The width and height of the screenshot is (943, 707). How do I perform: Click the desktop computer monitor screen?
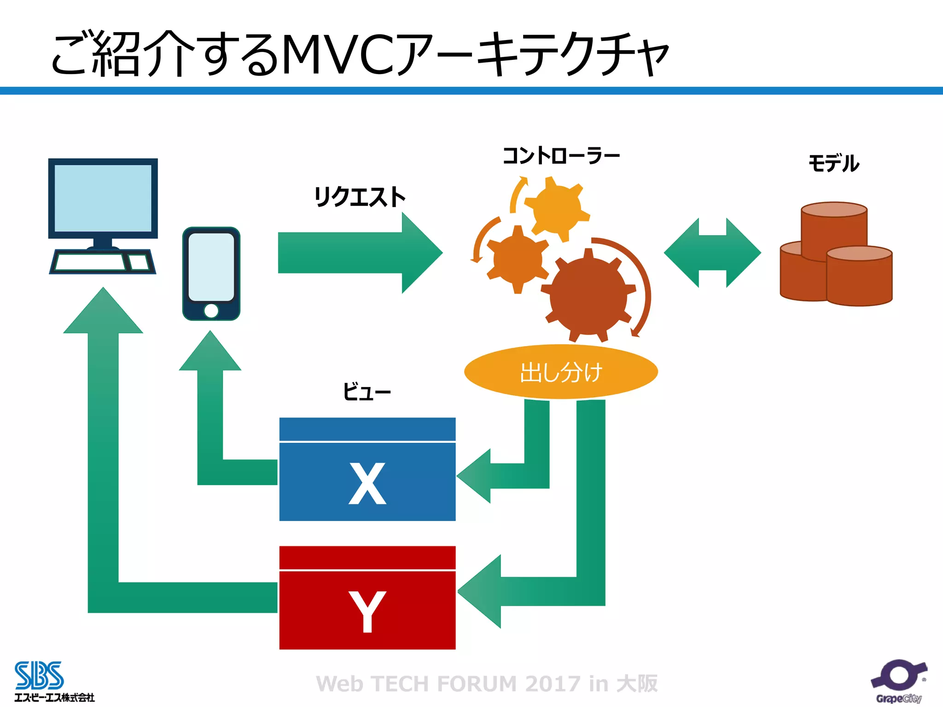[103, 198]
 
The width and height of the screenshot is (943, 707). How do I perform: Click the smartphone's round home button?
[211, 311]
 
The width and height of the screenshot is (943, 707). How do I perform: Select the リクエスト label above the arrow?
[359, 197]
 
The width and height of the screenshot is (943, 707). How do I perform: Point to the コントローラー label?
[561, 156]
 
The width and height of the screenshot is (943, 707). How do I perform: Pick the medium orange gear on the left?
[518, 259]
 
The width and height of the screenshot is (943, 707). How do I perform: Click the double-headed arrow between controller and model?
[712, 253]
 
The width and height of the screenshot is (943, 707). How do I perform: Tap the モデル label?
[833, 163]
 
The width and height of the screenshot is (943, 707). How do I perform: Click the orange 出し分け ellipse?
[561, 372]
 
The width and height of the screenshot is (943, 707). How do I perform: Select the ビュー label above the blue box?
[367, 392]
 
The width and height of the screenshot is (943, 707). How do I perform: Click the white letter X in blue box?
[367, 483]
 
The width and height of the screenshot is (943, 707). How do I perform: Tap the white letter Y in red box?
[367, 611]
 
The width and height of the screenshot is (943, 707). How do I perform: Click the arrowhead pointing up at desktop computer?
[103, 313]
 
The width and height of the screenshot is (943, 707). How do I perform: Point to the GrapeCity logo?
[899, 681]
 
